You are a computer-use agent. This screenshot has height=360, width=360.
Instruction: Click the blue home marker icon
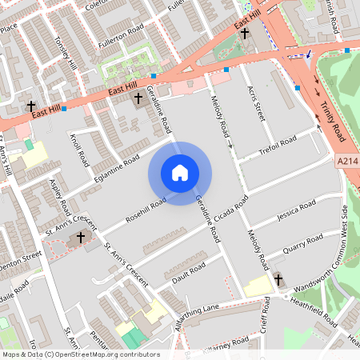[x=180, y=173]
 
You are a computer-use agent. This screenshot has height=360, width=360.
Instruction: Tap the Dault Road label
[x=189, y=273]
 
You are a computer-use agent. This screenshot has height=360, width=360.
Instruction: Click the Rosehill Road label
[x=145, y=209]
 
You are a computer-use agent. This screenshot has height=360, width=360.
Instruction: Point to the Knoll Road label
[x=78, y=149]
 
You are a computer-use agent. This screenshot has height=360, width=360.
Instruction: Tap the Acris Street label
[x=256, y=105]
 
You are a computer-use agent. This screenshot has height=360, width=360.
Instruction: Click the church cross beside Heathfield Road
[x=278, y=279]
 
